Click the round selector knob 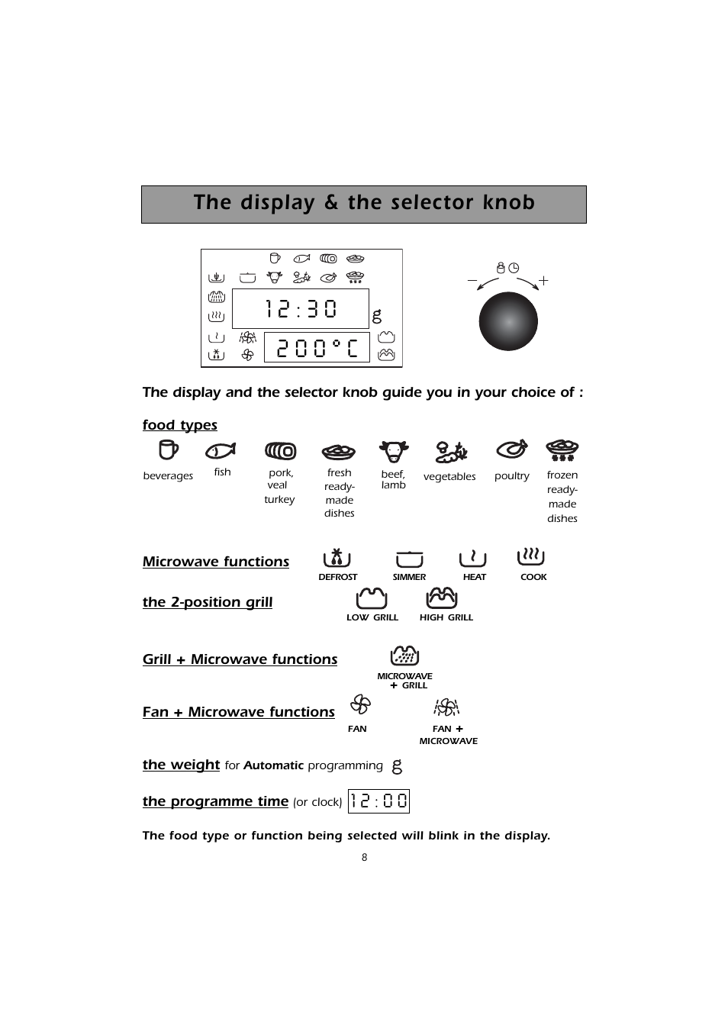(508, 322)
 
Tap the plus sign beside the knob (543, 281)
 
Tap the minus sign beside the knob (472, 281)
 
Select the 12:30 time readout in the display (301, 308)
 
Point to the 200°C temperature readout (317, 348)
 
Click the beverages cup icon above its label (168, 450)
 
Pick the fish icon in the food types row (221, 451)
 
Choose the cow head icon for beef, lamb (394, 451)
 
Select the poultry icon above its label (511, 449)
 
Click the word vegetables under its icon (449, 477)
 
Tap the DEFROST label (337, 578)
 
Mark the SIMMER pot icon (410, 559)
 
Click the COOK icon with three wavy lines (531, 556)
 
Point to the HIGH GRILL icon (442, 598)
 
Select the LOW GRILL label (372, 617)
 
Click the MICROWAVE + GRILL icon (404, 656)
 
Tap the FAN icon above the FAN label (360, 704)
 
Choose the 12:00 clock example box (379, 801)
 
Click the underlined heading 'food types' (180, 425)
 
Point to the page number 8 (364, 858)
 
